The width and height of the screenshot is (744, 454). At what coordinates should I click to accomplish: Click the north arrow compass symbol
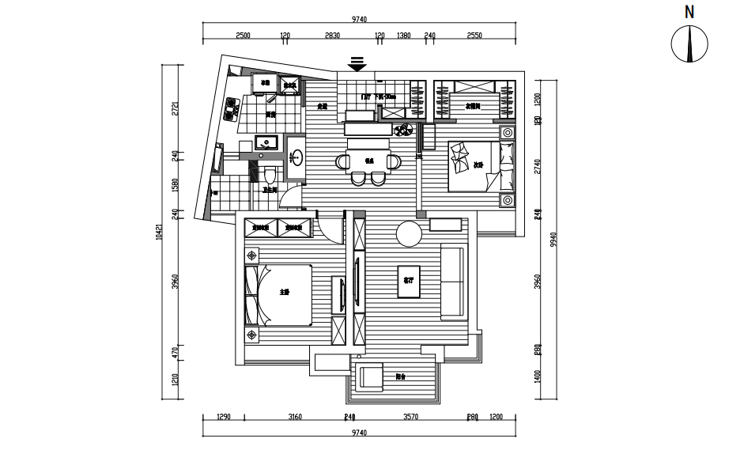pyautogui.click(x=689, y=44)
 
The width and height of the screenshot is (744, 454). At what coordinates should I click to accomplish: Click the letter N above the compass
pyautogui.click(x=689, y=11)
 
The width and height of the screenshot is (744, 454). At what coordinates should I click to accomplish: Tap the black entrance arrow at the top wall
pyautogui.click(x=357, y=64)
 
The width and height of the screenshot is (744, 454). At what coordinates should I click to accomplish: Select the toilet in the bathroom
pyautogui.click(x=270, y=173)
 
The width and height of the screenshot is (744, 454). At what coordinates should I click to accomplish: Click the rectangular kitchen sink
pyautogui.click(x=267, y=143)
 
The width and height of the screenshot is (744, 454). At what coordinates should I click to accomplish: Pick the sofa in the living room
pyautogui.click(x=453, y=282)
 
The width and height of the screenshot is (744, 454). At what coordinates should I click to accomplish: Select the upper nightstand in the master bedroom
pyautogui.click(x=252, y=255)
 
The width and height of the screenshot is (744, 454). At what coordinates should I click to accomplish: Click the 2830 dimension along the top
pyautogui.click(x=332, y=36)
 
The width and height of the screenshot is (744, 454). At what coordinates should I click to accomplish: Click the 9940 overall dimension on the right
pyautogui.click(x=554, y=237)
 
